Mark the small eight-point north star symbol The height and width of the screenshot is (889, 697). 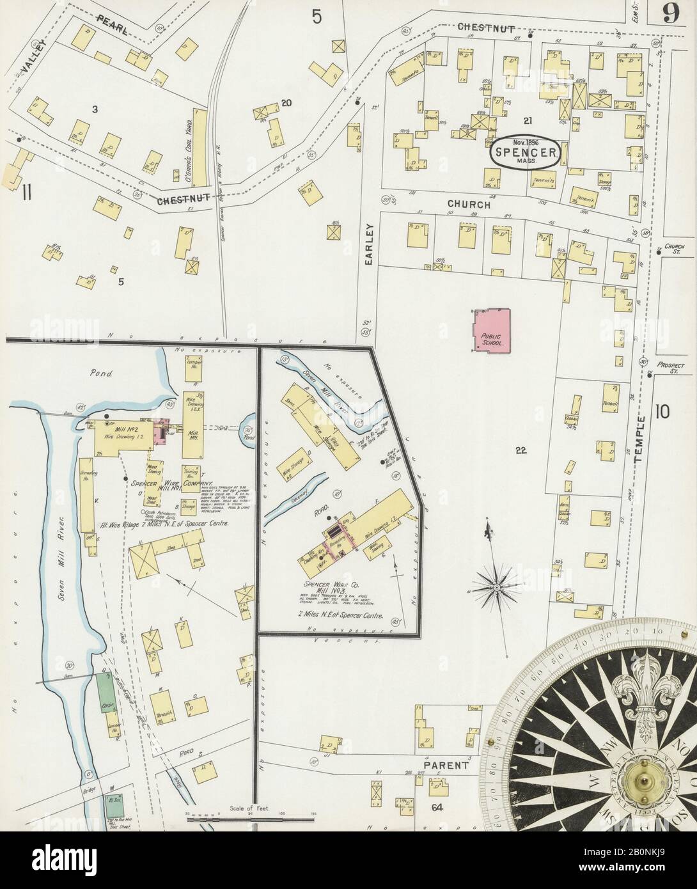click(x=496, y=585)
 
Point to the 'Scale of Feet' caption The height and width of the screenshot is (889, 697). click(x=250, y=809)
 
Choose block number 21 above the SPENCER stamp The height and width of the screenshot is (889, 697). click(x=528, y=120)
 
